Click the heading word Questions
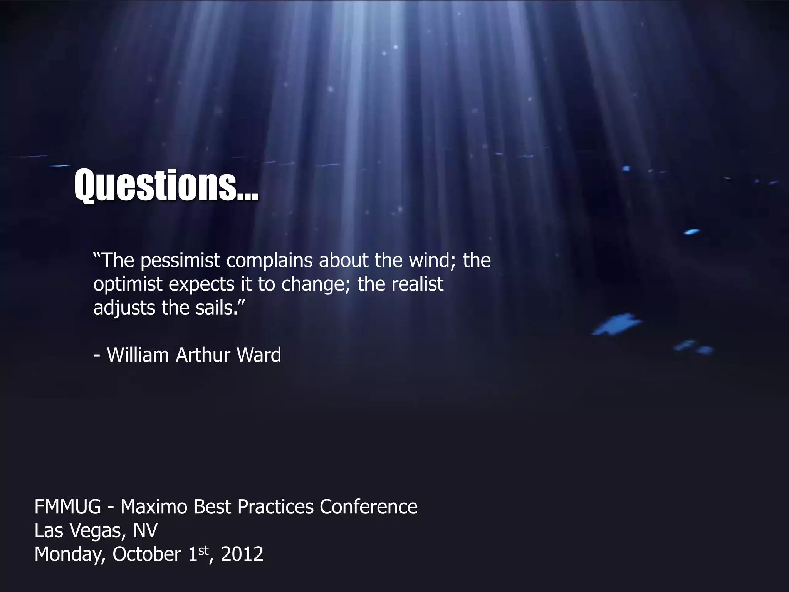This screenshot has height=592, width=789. pos(166,186)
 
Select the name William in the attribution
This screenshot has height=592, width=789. pos(138,355)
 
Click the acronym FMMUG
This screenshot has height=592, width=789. pos(67,506)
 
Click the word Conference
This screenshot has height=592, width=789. pos(368,506)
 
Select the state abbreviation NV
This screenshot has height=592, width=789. pos(145,530)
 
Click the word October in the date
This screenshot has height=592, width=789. pos(147,554)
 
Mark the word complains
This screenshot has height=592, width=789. pos(269,261)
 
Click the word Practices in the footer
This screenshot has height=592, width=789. pos(275,506)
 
